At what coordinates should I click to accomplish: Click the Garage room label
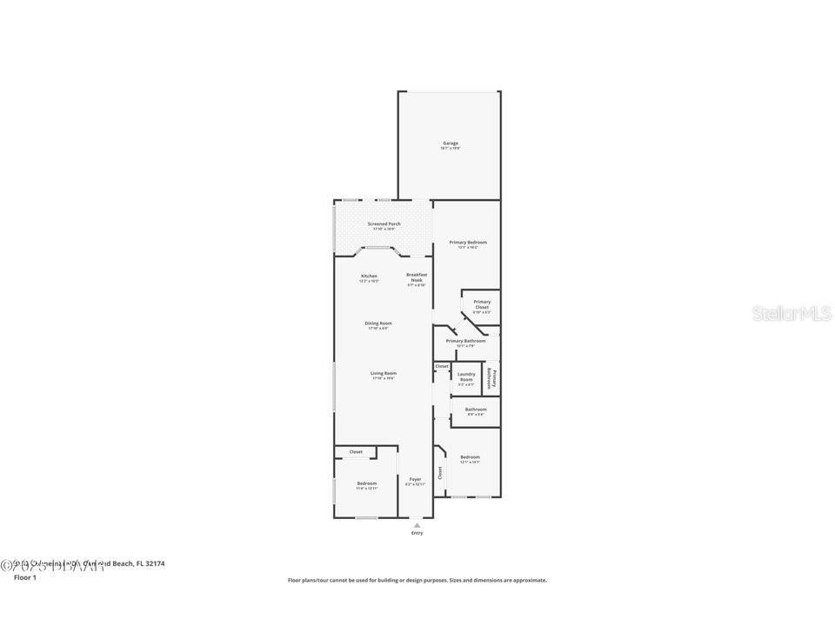tap(450, 143)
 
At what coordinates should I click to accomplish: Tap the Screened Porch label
tap(384, 224)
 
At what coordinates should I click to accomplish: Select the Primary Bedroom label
tap(468, 243)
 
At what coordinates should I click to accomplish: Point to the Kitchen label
tap(370, 276)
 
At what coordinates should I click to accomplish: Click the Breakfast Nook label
tap(416, 277)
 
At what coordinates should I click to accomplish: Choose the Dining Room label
tap(378, 323)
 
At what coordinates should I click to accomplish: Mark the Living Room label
tap(384, 374)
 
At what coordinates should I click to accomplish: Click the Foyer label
tap(416, 479)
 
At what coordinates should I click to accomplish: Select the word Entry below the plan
tap(417, 533)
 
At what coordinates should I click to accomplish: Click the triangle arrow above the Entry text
tap(417, 524)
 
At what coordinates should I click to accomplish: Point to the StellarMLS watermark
tap(792, 313)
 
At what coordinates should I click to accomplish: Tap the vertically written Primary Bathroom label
tap(492, 378)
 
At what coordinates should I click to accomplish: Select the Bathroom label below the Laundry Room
tap(476, 410)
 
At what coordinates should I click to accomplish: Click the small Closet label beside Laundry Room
tap(442, 366)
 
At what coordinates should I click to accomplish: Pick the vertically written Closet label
tap(440, 473)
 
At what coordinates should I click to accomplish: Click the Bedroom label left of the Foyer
tap(367, 483)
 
